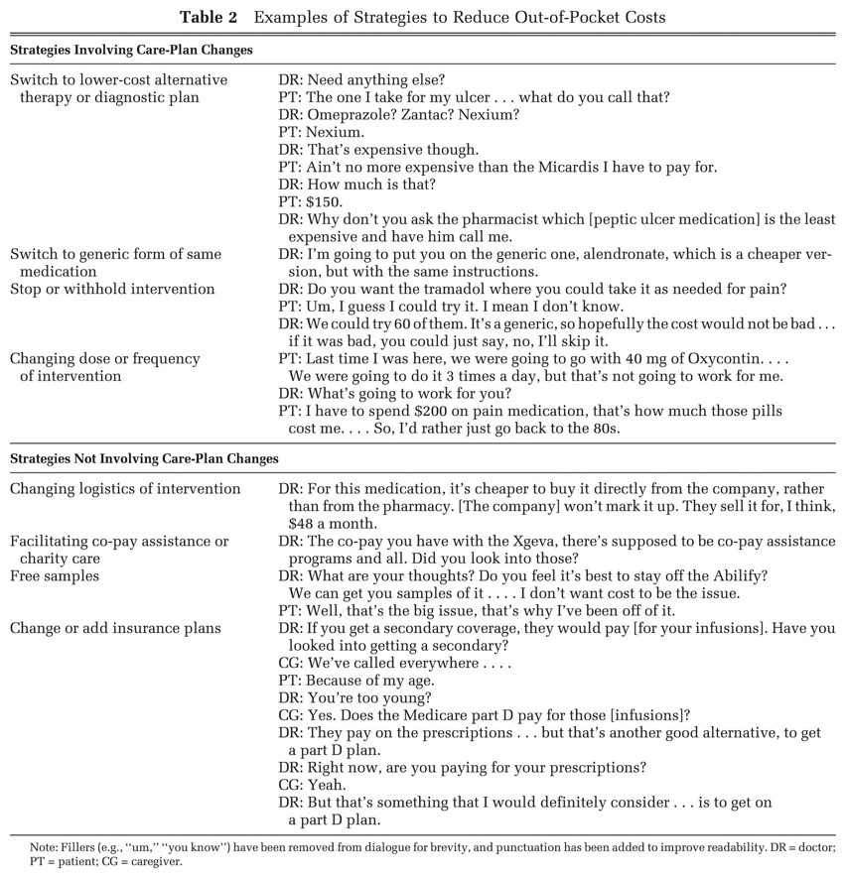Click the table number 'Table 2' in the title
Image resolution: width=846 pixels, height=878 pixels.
point(212,17)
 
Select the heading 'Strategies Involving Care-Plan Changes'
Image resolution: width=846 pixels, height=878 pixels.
point(131,50)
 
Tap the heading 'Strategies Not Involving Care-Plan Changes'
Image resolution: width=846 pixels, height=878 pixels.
point(144,459)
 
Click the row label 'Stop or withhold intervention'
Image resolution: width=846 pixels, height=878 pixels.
point(112,289)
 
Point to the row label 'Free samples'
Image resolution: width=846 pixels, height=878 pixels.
point(55,575)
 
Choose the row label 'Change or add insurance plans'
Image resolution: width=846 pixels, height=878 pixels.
point(115,628)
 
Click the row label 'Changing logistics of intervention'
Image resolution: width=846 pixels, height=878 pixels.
point(125,488)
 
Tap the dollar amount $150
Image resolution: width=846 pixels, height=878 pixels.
point(325,201)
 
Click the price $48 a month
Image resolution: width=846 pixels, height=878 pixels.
point(333,523)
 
